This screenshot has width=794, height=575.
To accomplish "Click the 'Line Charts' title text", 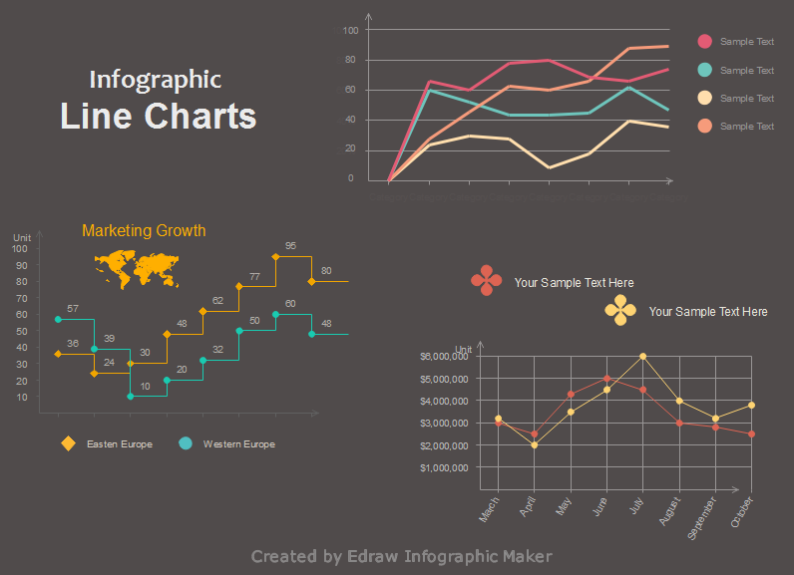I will [158, 116].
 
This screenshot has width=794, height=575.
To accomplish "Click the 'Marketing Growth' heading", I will [144, 231].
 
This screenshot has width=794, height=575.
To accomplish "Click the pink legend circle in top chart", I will [705, 42].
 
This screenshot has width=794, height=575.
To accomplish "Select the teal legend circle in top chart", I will [705, 70].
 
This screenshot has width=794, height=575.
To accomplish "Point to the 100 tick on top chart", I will [350, 30].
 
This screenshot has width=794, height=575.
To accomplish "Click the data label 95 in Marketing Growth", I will [290, 246].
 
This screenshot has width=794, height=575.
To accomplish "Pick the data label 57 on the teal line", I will [73, 309].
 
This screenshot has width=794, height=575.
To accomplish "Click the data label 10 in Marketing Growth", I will [146, 387].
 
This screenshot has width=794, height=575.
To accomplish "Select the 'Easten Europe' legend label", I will [120, 444].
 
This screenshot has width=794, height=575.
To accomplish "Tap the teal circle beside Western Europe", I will [186, 443].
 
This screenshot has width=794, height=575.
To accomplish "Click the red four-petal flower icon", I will [487, 280].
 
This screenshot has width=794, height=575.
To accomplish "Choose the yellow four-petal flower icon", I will [620, 310].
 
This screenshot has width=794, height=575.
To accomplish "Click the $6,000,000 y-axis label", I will [444, 357].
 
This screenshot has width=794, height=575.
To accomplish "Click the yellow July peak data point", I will [643, 356].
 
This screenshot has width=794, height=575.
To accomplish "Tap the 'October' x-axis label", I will [743, 511].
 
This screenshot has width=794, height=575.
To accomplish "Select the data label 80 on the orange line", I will [326, 271].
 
